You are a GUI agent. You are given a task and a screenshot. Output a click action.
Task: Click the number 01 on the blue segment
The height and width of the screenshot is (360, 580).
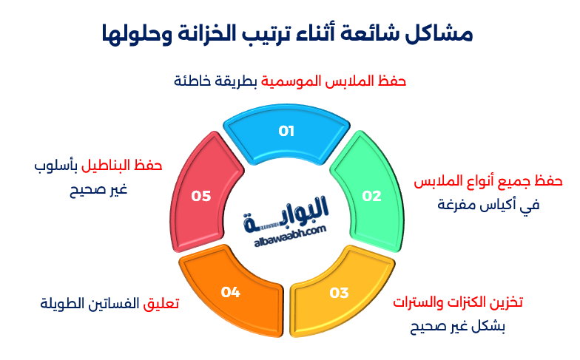286,132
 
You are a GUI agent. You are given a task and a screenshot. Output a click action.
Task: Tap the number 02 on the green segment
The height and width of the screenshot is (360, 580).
371,196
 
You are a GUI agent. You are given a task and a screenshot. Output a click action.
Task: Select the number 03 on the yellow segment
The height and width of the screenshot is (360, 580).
339,293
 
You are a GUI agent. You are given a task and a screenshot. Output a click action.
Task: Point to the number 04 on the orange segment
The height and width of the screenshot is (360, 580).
231,292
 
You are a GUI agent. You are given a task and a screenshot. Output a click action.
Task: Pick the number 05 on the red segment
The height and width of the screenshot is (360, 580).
201,196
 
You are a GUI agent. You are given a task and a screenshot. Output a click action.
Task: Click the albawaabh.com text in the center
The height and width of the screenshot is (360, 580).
285,231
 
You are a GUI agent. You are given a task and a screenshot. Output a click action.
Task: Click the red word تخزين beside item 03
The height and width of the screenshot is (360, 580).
507,302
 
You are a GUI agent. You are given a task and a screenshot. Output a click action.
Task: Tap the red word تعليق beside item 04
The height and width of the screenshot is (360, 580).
161,304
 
